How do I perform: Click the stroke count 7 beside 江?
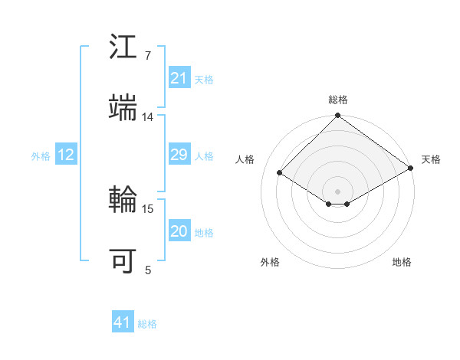pos(147,57)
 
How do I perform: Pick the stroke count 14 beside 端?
pos(148,117)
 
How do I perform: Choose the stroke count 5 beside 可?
pos(148,269)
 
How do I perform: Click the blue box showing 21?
pos(179,78)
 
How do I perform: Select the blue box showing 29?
pos(179,155)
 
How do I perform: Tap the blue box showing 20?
pos(179,232)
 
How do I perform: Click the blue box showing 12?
pos(66,155)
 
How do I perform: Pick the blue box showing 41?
pos(123,323)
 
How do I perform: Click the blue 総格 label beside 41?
pos(147,324)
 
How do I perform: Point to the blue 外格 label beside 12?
pos(41,156)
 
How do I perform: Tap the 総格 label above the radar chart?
pos(337,100)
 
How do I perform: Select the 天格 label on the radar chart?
pos(431,159)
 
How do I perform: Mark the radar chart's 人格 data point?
pos(280,173)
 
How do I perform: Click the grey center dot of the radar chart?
pos(337,190)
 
